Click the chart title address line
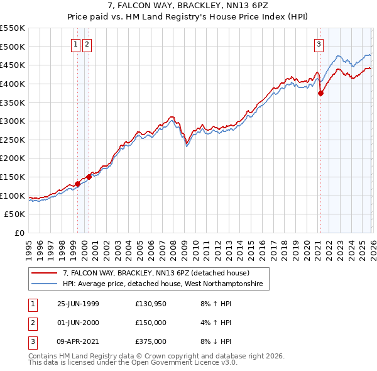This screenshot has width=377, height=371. (x=188, y=7)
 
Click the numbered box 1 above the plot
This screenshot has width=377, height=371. (x=75, y=44)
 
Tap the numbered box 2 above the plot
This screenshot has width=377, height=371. (x=86, y=44)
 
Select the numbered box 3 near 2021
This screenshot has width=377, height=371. (x=319, y=44)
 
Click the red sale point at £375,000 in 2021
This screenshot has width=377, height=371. (x=320, y=93)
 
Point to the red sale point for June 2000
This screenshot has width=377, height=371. (x=89, y=177)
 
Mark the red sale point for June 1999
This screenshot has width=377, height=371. (x=78, y=184)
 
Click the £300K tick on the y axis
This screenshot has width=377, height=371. (x=13, y=121)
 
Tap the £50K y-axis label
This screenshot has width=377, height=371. (x=15, y=214)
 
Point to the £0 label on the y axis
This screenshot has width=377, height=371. (x=20, y=233)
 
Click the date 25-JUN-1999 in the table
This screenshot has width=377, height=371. (x=78, y=304)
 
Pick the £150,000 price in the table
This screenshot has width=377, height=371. (x=151, y=323)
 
